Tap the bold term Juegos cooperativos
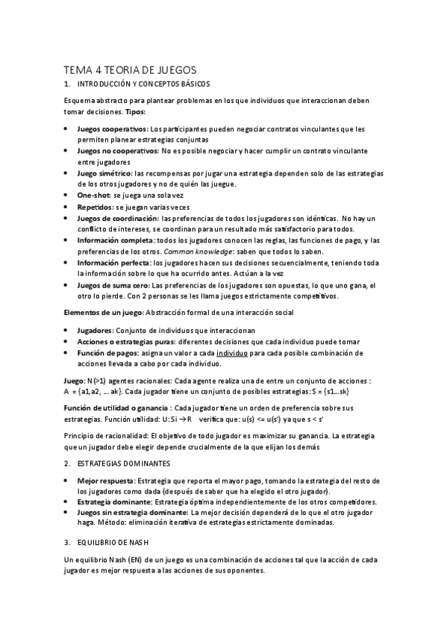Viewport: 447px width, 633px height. click(112, 129)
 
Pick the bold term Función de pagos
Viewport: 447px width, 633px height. click(109, 352)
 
